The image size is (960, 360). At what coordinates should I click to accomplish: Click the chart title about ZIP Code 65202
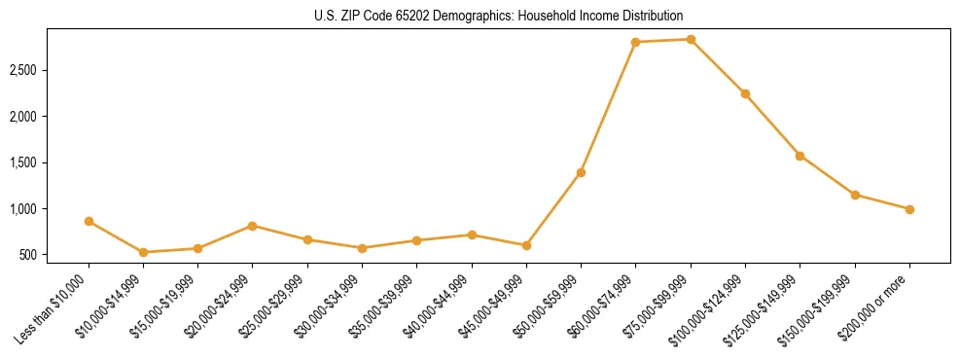[x=480, y=16]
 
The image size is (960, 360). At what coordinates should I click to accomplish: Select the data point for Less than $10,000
[x=89, y=221]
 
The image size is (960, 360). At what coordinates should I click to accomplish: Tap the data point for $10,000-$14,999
[x=144, y=252]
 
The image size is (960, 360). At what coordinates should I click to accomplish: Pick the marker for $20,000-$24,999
[x=253, y=226]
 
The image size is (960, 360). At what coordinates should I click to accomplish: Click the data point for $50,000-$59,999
[x=581, y=172]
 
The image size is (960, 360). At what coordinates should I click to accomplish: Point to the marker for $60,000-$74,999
[x=635, y=42]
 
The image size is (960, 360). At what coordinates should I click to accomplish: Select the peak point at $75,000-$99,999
[x=691, y=39]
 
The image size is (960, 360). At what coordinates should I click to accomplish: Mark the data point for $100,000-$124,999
[x=745, y=93]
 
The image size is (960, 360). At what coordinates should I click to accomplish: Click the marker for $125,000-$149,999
[x=800, y=156]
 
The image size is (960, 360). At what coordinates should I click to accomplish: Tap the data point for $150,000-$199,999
[x=855, y=195]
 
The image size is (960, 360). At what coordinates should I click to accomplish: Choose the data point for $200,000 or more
[x=909, y=209]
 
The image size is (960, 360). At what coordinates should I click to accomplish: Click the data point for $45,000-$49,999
[x=526, y=245]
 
